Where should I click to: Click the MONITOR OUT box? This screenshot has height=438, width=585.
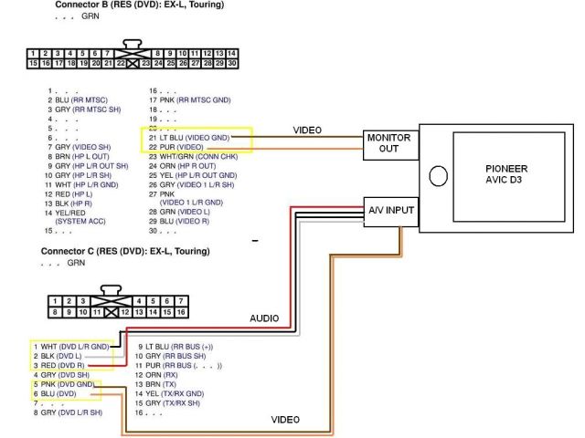pyautogui.click(x=389, y=143)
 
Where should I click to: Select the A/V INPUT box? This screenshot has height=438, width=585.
pyautogui.click(x=391, y=212)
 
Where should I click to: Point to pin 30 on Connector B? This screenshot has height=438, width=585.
pyautogui.click(x=233, y=65)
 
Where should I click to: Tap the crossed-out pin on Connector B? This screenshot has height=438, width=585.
pyautogui.click(x=134, y=65)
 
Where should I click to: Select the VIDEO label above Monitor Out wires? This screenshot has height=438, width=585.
pyautogui.click(x=307, y=130)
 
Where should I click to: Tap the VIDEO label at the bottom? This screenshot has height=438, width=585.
pyautogui.click(x=286, y=420)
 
